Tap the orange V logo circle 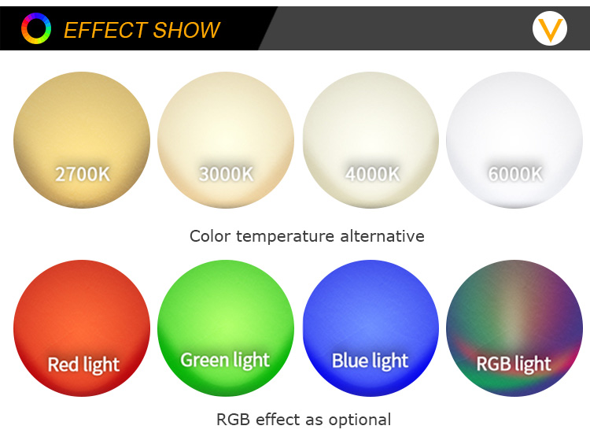click(x=550, y=28)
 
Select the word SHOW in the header click(x=186, y=30)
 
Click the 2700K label click(x=83, y=174)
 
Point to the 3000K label click(x=226, y=174)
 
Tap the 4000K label click(x=372, y=174)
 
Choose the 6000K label click(x=515, y=174)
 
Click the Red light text click(x=83, y=365)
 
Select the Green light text click(x=225, y=361)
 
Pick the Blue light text click(x=370, y=361)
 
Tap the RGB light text click(x=514, y=364)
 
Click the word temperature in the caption click(x=286, y=236)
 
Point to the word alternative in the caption click(x=382, y=236)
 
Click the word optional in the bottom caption click(x=360, y=420)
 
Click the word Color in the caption click(x=210, y=236)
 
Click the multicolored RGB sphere click(x=514, y=328)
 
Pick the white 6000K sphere click(x=514, y=139)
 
